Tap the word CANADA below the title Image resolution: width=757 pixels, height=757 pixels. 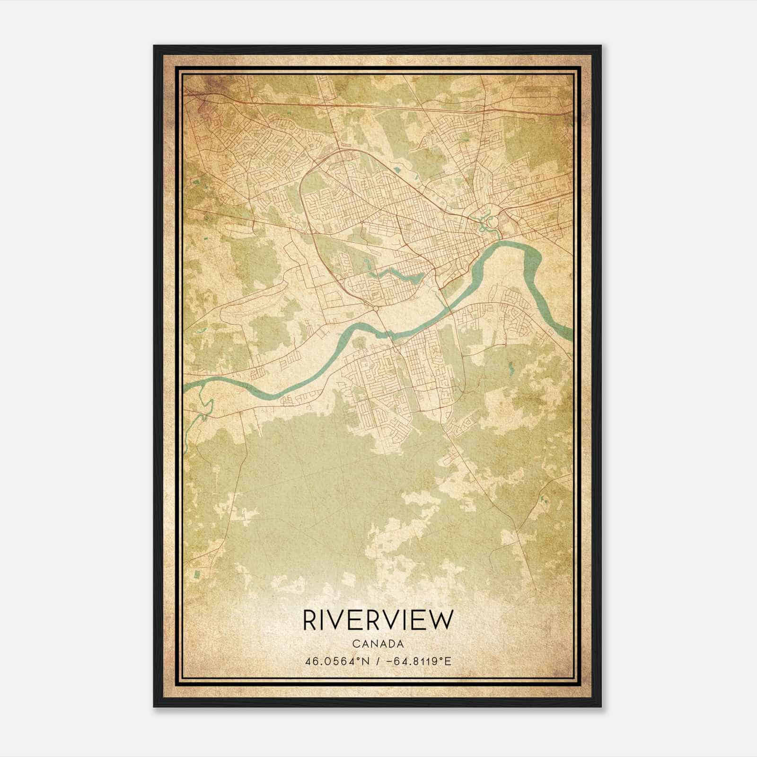(x=378, y=644)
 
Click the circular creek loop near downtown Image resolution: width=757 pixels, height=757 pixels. (x=491, y=220)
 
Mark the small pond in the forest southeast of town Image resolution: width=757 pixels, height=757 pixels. (x=511, y=367)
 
